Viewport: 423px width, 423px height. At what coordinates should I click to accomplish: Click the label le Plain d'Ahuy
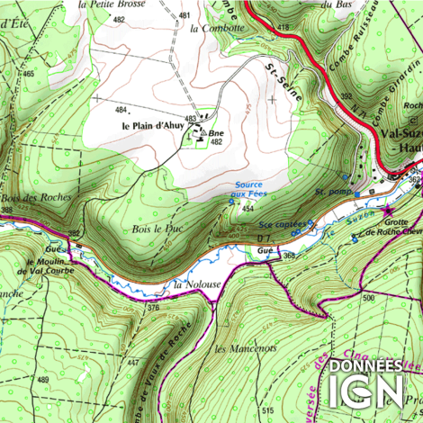[153, 126]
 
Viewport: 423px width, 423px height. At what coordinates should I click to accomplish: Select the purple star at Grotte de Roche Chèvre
[389, 211]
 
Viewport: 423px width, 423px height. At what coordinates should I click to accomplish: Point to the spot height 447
[132, 361]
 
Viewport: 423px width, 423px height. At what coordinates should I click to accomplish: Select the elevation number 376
[153, 308]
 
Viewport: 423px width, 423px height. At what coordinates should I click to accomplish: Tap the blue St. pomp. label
[331, 192]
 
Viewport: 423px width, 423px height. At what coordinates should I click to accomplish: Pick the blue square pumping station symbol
[357, 193]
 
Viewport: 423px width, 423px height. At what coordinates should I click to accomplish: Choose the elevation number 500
[367, 295]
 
